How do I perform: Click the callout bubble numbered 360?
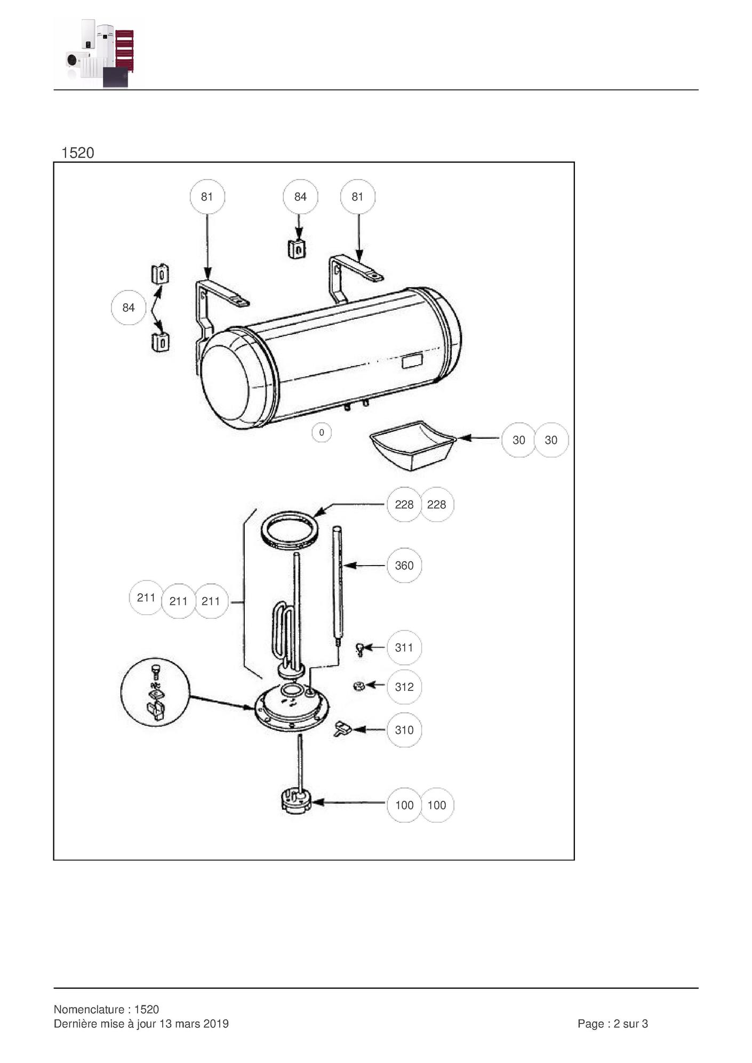click(404, 565)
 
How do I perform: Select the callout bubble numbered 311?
click(404, 647)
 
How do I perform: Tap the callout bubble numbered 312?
click(404, 687)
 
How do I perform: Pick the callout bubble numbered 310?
click(404, 730)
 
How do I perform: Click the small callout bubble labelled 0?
click(321, 432)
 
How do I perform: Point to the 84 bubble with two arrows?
click(128, 308)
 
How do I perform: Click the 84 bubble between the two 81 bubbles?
click(300, 197)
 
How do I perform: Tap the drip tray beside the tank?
click(413, 446)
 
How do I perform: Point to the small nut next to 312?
click(359, 686)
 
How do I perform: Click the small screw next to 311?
click(360, 649)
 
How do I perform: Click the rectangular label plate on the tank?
click(412, 361)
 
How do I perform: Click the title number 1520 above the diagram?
click(78, 153)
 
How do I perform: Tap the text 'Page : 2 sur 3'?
click(613, 1024)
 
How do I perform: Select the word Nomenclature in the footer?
click(89, 1009)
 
